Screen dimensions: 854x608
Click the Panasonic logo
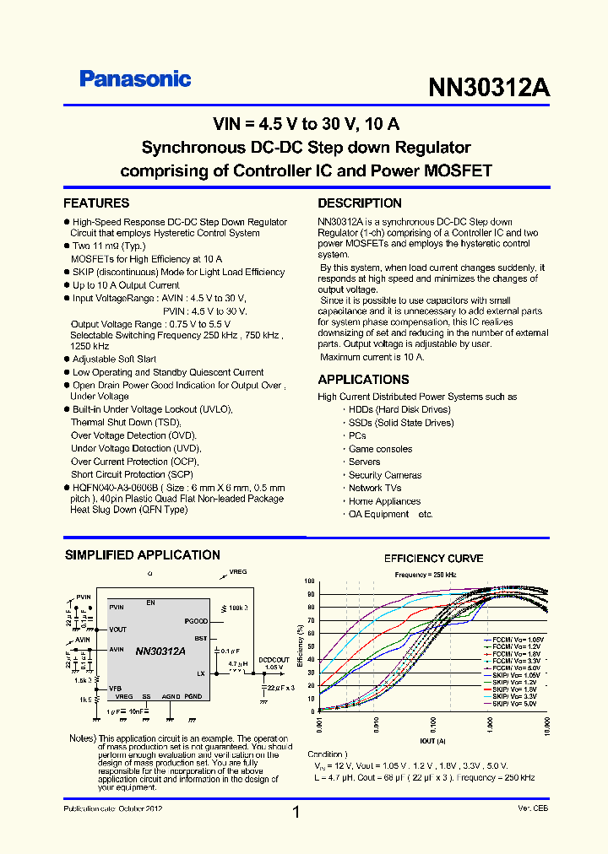tap(135, 79)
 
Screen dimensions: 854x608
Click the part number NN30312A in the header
tap(489, 88)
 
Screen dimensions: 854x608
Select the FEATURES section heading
tap(96, 203)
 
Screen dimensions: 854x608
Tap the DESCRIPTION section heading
tap(359, 203)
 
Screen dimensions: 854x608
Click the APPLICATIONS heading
tap(363, 380)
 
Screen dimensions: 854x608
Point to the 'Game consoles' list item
tap(380, 449)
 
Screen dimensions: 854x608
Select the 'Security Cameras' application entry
tap(385, 475)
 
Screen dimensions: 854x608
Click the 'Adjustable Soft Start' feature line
tap(114, 359)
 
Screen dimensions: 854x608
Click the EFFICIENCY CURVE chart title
tap(433, 559)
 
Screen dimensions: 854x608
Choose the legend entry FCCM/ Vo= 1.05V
tap(514, 640)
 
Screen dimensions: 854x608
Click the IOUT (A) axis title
tap(432, 741)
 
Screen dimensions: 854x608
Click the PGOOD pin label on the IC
tap(195, 620)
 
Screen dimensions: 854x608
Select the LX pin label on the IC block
tap(201, 673)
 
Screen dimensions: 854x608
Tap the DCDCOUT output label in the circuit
tap(274, 659)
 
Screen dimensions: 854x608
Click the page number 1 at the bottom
tap(296, 813)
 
